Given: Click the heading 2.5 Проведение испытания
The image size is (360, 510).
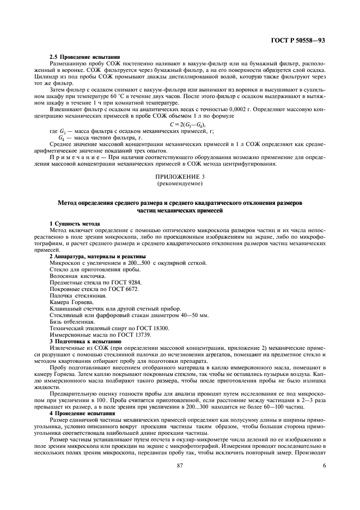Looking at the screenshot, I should coord(85,58).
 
